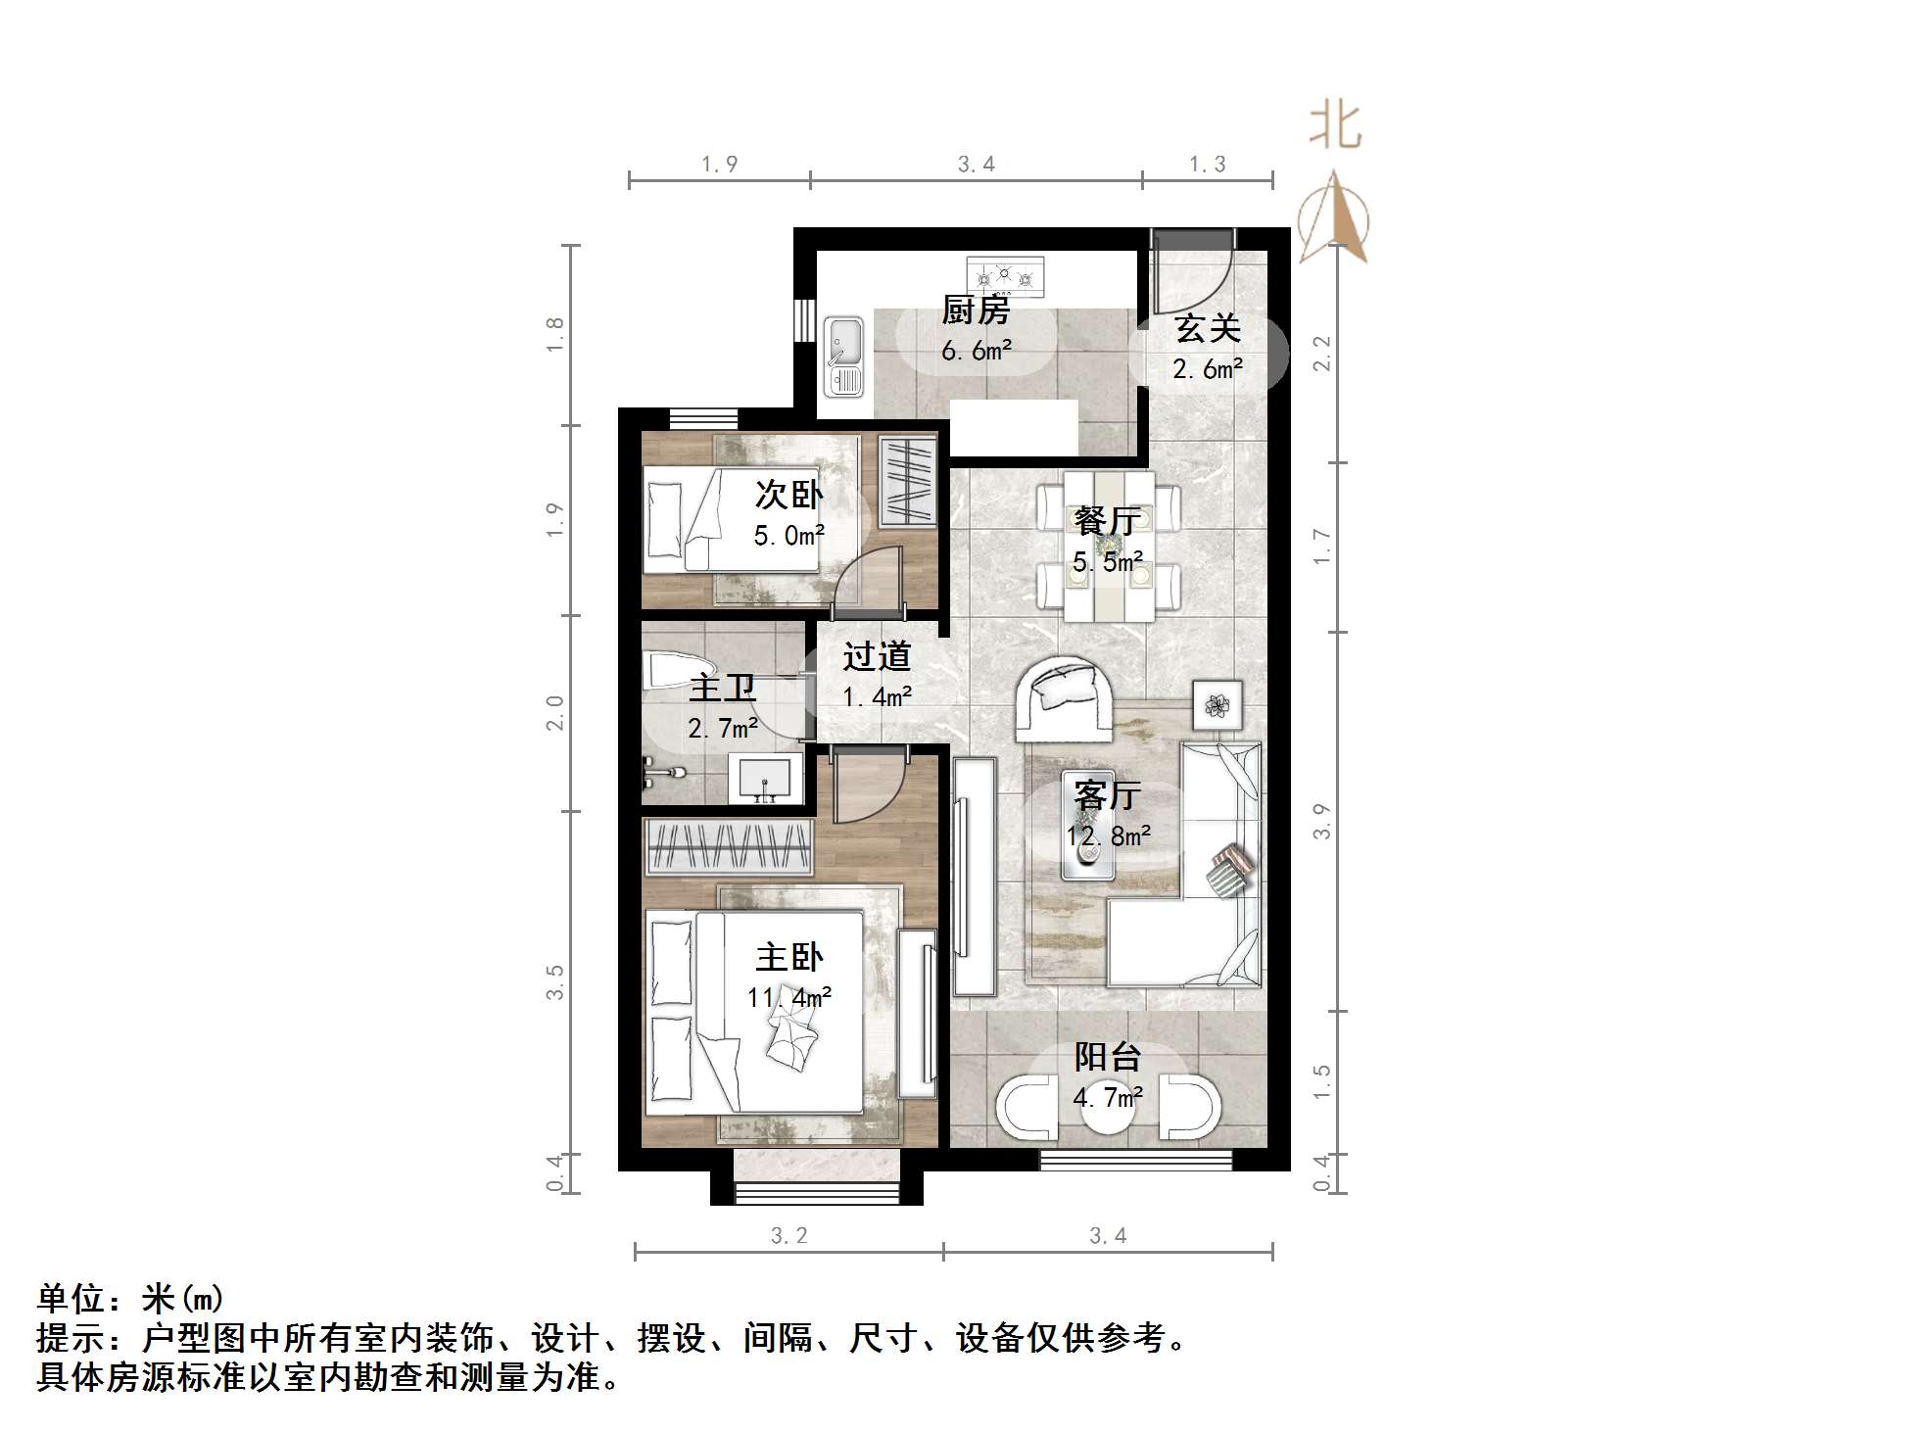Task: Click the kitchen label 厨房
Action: pos(976,310)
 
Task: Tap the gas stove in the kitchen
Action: pos(1005,276)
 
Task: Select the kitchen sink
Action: pos(843,357)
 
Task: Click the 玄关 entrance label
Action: pos(1208,328)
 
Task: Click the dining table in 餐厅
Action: pos(1109,546)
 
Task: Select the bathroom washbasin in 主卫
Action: pos(766,779)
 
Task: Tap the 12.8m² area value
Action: pos(1108,836)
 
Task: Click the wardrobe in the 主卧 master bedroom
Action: pos(728,847)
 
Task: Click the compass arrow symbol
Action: pos(1333,219)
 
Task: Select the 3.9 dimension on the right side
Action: pos(1321,821)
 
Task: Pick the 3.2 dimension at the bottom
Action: pos(788,1236)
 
